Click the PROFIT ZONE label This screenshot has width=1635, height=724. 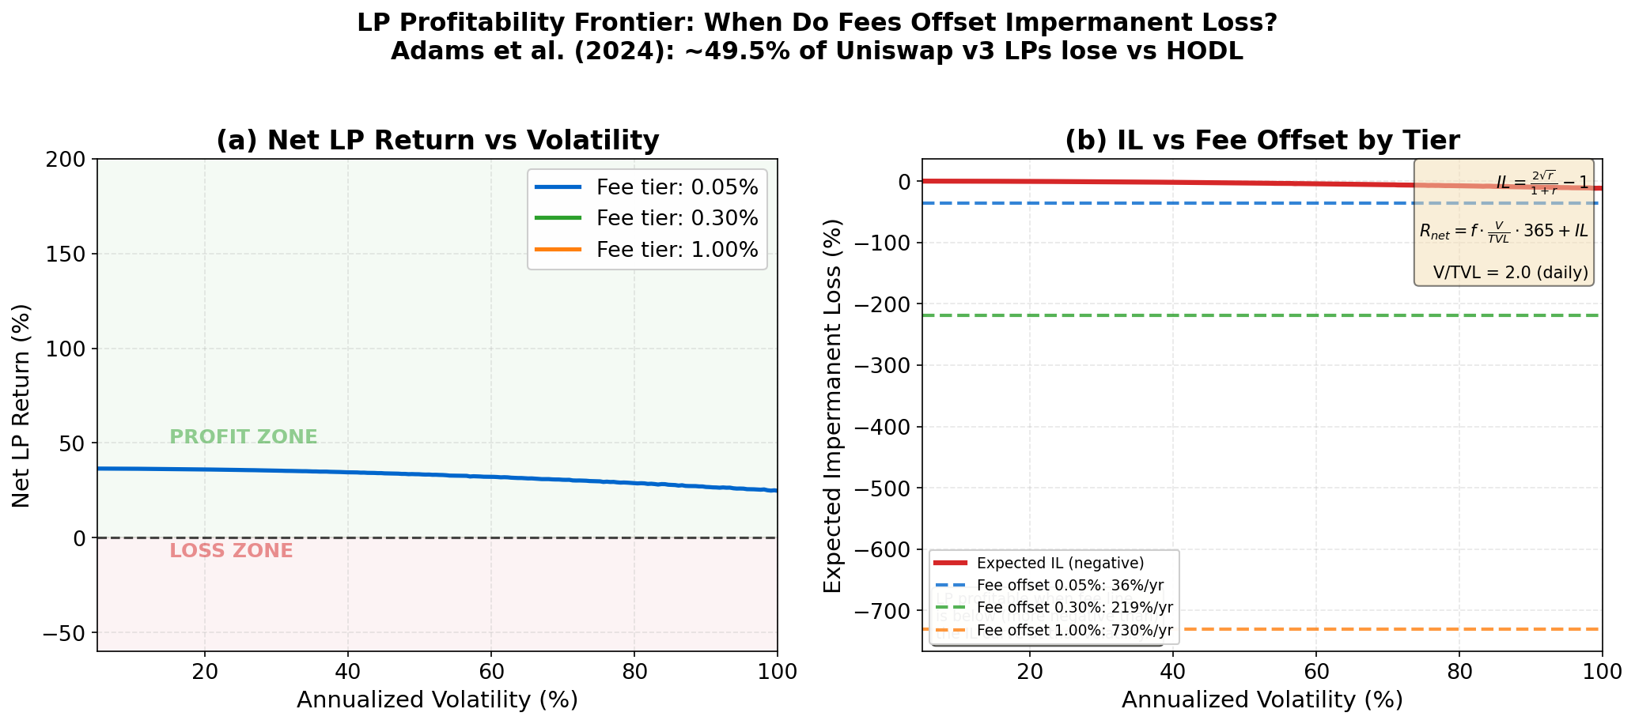(x=244, y=437)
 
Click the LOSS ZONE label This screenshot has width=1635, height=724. (x=231, y=551)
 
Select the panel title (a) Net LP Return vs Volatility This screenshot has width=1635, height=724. (x=437, y=141)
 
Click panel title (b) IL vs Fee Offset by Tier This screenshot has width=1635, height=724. (x=1262, y=141)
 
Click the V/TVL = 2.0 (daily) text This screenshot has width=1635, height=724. (x=1510, y=273)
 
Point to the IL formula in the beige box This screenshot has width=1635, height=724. (x=1542, y=183)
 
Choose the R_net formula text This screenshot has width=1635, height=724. (x=1503, y=230)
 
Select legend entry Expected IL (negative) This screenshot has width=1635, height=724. (x=1060, y=564)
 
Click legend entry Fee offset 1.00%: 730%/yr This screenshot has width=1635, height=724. (x=1074, y=631)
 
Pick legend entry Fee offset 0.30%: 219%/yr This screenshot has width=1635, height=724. (x=1074, y=608)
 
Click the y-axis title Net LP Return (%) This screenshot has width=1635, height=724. (x=21, y=405)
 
